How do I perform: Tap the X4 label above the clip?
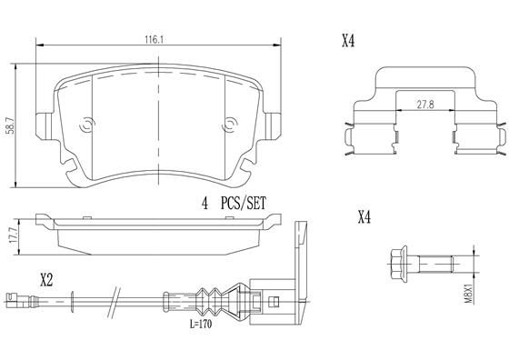click(347, 40)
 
